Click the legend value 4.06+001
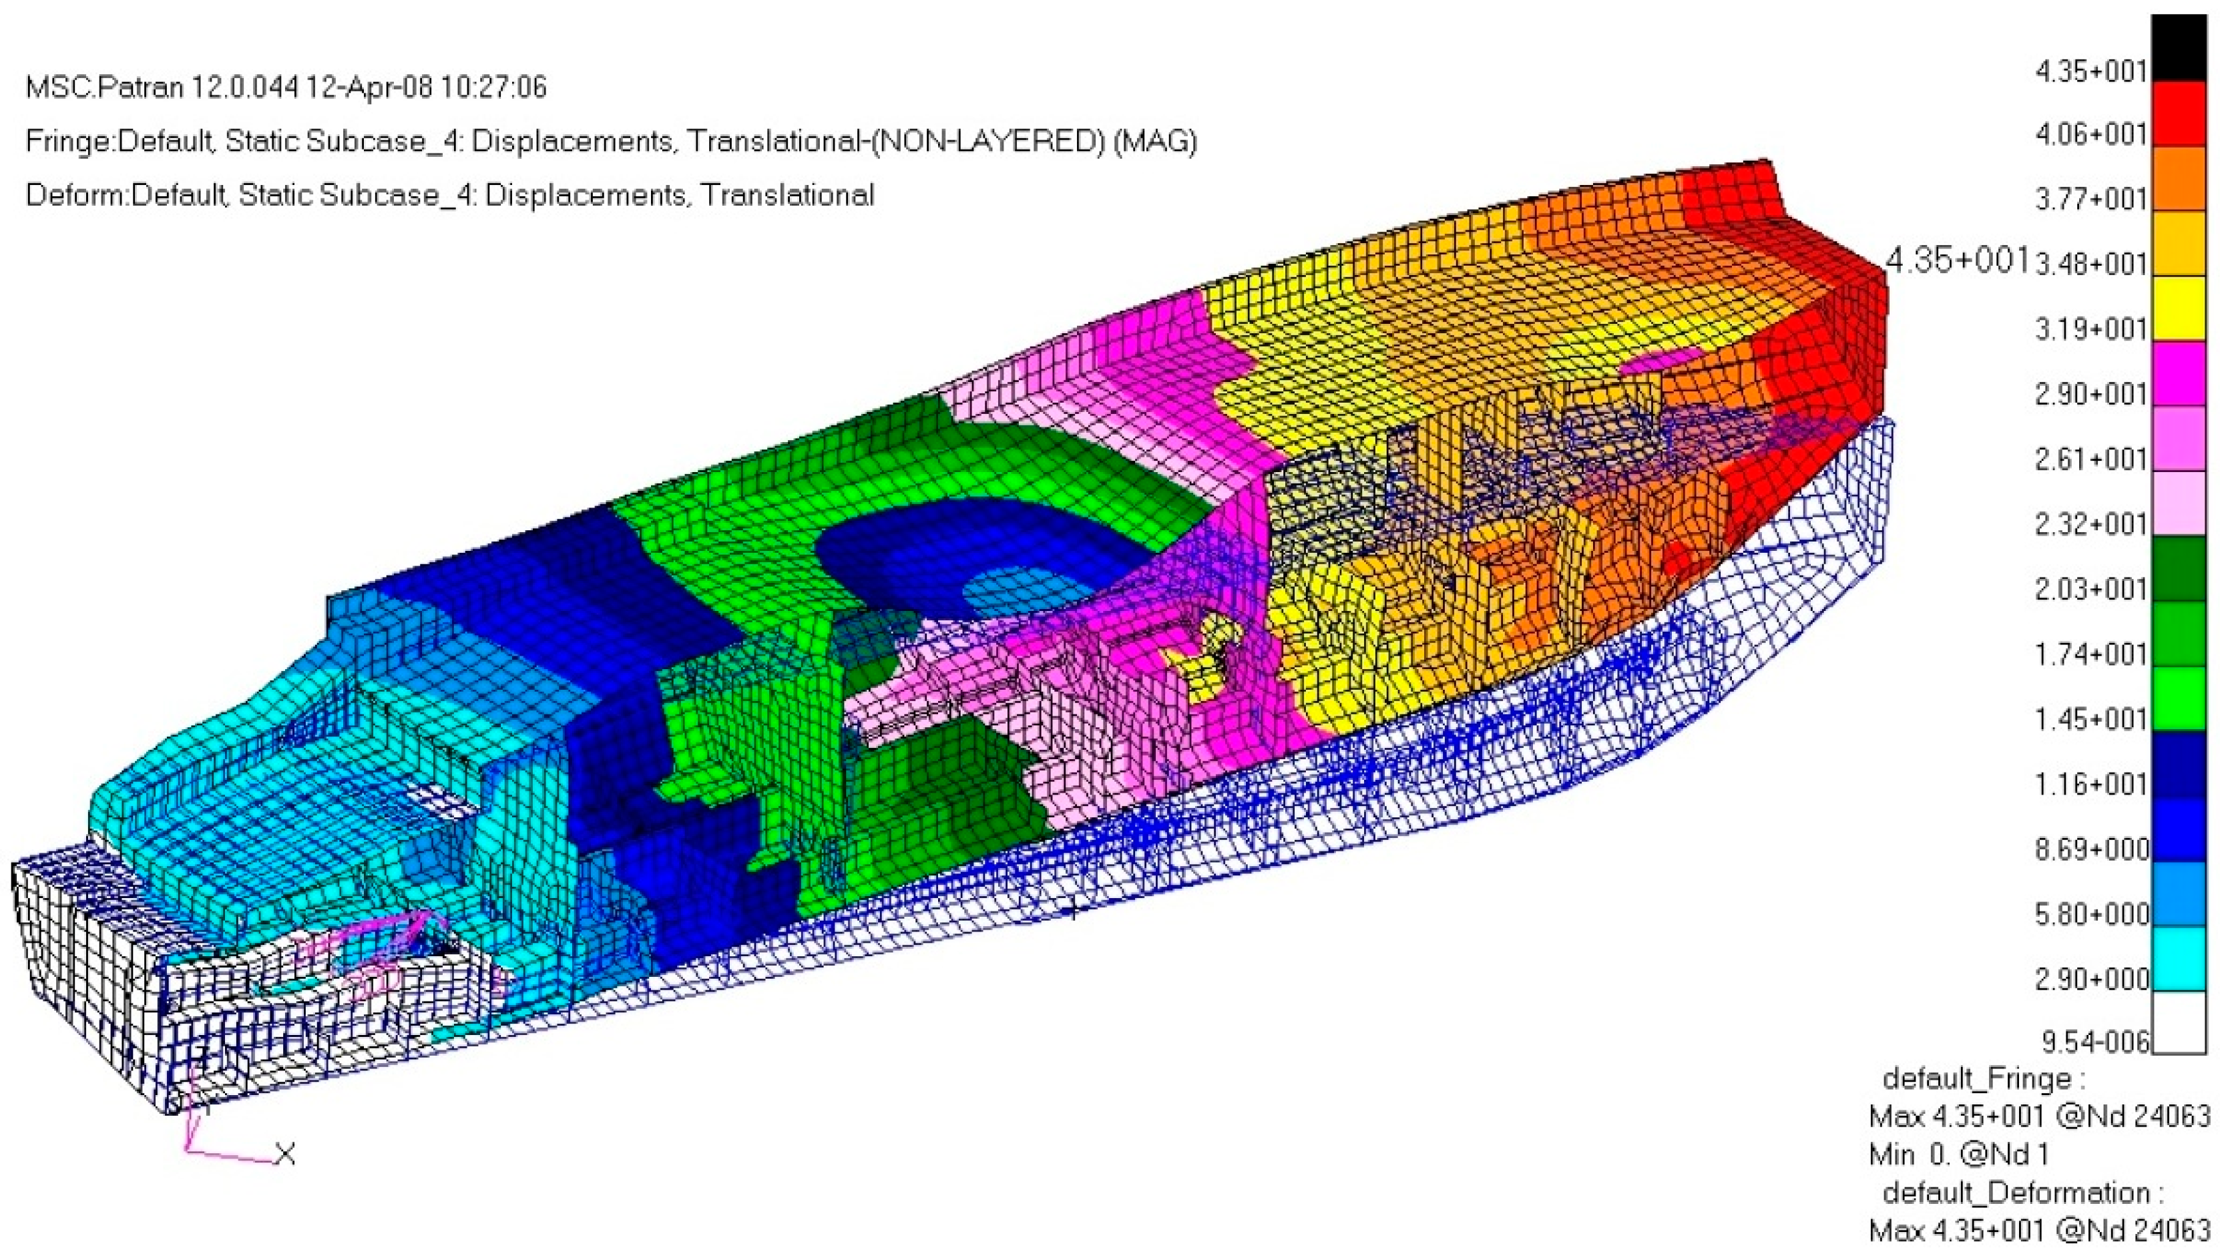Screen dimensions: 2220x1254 click(2090, 134)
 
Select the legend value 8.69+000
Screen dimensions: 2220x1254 click(2090, 849)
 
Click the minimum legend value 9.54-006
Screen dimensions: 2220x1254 click(2094, 1042)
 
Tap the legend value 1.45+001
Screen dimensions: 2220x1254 click(2090, 718)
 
